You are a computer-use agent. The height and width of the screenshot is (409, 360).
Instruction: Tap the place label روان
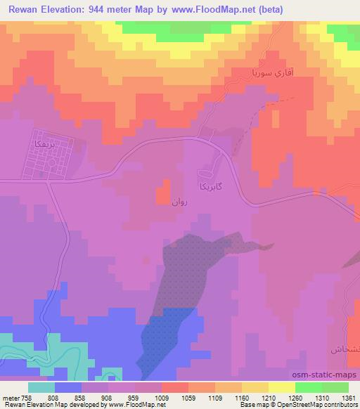179,202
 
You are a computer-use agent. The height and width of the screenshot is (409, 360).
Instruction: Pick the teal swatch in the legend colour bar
41,387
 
